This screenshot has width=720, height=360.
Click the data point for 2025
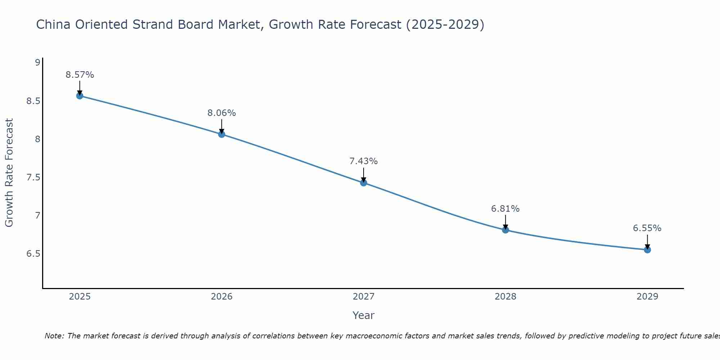tap(80, 96)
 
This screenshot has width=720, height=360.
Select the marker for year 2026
tap(222, 134)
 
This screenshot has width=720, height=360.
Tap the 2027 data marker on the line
tap(364, 183)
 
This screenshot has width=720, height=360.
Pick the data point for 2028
tap(505, 230)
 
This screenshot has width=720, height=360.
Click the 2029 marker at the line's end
tap(647, 250)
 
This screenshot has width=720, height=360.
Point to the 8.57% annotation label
tap(80, 75)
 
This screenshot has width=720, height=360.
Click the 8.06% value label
tap(222, 113)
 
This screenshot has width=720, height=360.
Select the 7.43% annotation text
tap(364, 161)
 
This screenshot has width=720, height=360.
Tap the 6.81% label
tap(505, 209)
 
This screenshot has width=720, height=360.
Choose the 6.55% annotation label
tap(647, 228)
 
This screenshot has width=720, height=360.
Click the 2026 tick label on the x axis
tap(222, 297)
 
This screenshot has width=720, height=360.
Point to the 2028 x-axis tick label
tap(505, 297)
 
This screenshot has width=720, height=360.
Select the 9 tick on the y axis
tap(37, 63)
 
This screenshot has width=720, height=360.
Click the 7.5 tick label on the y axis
tap(33, 177)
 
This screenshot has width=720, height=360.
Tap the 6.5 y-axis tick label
tap(33, 254)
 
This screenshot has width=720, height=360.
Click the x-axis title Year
tap(364, 315)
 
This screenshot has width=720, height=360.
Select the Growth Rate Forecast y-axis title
tap(9, 173)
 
